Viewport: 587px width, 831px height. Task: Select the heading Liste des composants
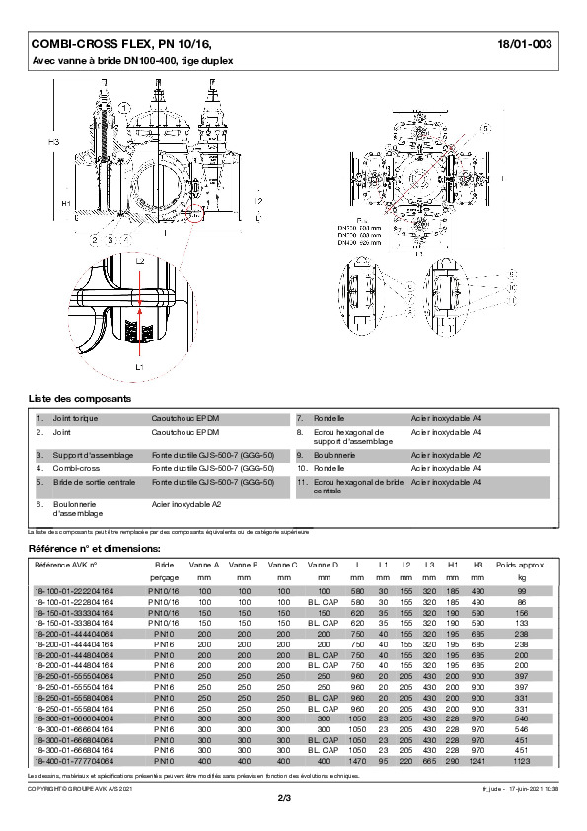(x=79, y=397)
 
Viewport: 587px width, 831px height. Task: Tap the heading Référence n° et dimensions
(x=88, y=546)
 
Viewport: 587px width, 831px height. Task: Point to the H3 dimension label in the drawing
(x=54, y=143)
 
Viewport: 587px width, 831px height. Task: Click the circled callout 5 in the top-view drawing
(x=484, y=129)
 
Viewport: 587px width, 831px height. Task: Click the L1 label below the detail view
(x=140, y=366)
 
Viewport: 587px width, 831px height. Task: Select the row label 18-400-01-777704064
(x=73, y=761)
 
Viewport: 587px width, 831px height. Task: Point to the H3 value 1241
(x=477, y=761)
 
